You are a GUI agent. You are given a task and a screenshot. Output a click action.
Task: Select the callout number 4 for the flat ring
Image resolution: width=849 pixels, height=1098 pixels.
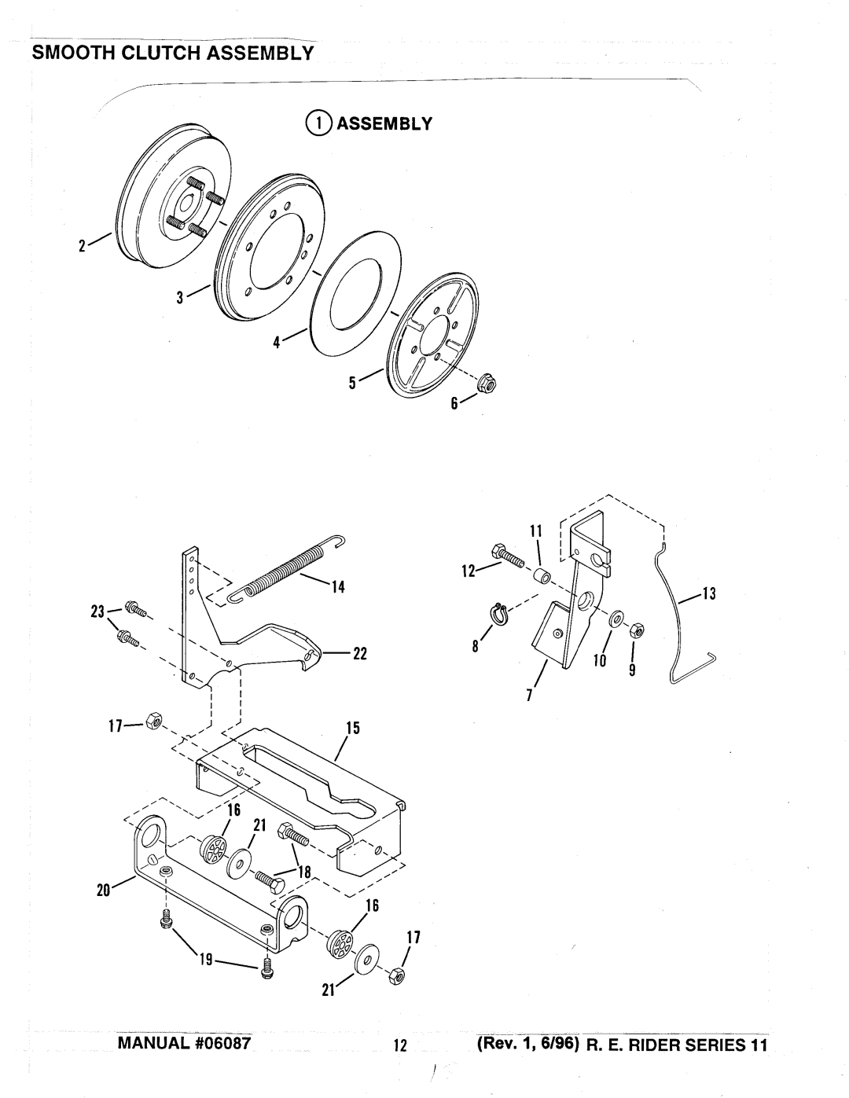click(277, 343)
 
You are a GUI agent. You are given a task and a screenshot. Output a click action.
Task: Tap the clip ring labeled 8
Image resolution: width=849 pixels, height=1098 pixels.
click(500, 615)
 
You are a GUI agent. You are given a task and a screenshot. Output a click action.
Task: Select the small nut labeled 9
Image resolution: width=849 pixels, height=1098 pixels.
click(637, 630)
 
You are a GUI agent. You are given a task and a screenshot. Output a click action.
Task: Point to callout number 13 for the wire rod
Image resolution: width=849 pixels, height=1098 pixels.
click(710, 593)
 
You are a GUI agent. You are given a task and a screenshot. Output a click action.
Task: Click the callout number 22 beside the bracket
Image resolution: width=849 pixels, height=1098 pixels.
click(359, 654)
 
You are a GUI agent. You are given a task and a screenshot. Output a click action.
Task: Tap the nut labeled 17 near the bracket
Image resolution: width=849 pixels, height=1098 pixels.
click(153, 722)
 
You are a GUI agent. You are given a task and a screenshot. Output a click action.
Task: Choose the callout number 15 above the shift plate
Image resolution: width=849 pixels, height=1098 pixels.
click(353, 728)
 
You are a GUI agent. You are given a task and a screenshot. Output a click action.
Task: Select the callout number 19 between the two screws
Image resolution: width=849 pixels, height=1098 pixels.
click(206, 959)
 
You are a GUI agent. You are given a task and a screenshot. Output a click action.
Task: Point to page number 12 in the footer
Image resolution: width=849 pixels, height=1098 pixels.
click(400, 1045)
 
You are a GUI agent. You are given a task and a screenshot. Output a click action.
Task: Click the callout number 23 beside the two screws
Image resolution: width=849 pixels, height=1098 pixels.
click(97, 612)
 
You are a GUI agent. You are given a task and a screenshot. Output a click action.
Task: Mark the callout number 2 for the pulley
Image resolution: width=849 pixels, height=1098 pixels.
click(82, 247)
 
